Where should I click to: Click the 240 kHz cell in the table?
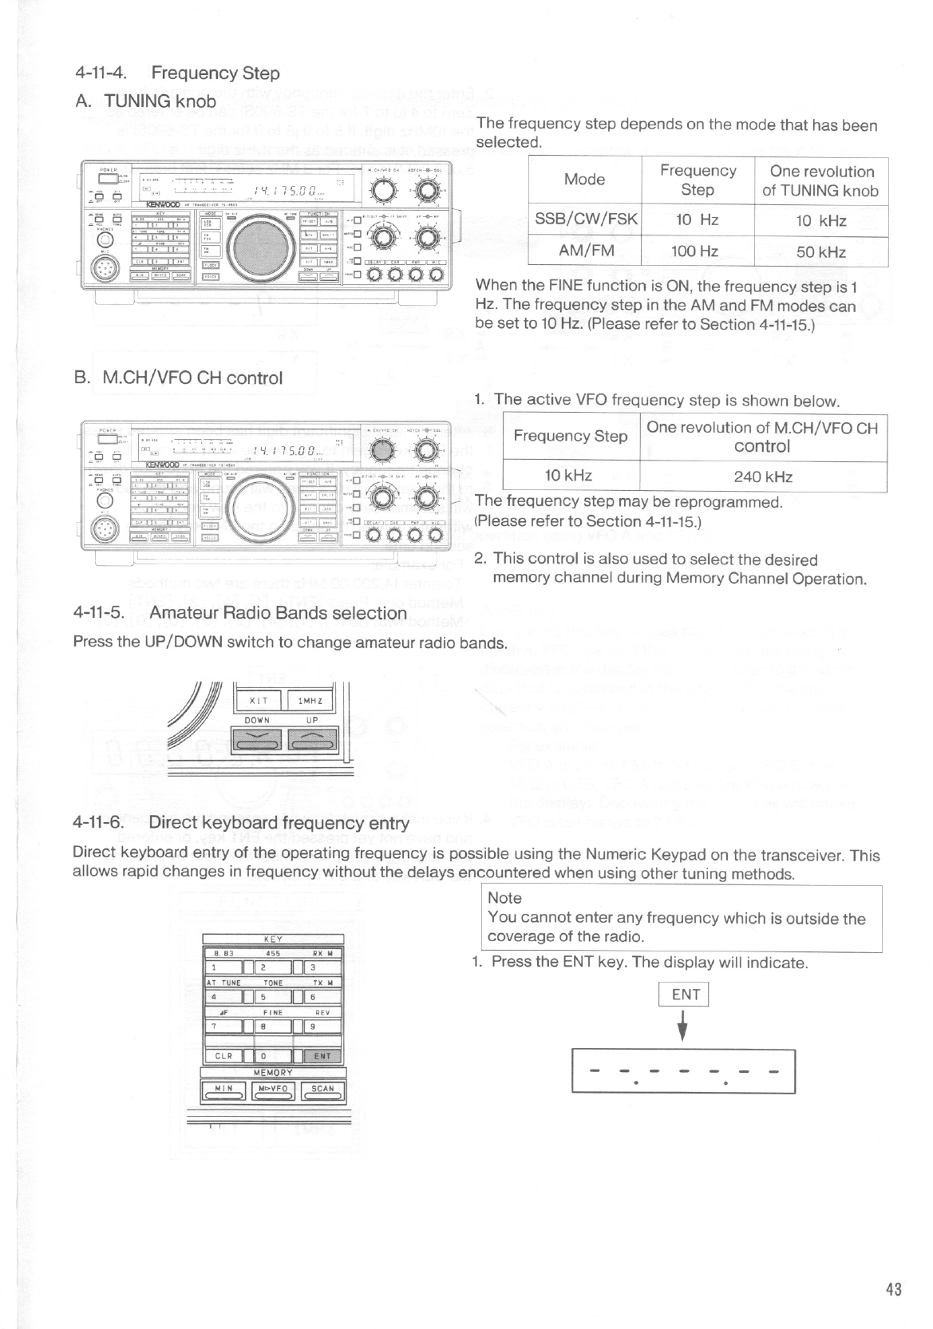point(763,477)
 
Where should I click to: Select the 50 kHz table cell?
point(820,251)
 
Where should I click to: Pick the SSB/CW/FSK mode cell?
point(585,220)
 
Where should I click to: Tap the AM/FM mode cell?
point(585,251)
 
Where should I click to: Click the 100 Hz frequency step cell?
point(697,251)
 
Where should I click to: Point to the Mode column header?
point(584,180)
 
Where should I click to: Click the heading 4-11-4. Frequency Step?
point(176,73)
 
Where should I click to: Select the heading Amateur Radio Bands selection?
point(278,613)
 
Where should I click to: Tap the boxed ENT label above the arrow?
point(686,994)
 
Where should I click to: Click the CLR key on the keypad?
point(223,1056)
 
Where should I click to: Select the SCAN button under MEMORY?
point(322,1090)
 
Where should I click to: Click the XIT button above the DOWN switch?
point(258,700)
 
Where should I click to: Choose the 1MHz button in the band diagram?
point(310,700)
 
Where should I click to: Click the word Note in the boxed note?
point(504,898)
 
